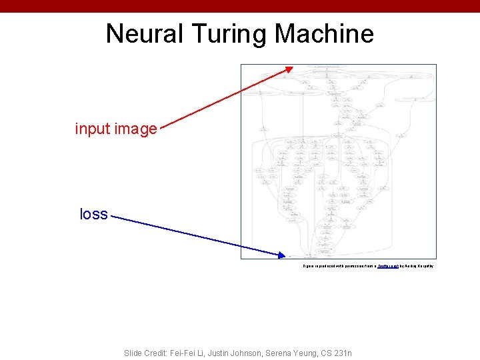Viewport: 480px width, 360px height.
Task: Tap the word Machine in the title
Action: [325, 33]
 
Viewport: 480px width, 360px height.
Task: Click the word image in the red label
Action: [135, 129]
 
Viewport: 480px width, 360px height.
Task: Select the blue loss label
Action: [93, 214]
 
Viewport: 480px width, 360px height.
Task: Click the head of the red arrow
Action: [289, 67]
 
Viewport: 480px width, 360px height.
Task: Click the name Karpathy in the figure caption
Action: [424, 266]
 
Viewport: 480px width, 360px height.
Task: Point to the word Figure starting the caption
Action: [307, 266]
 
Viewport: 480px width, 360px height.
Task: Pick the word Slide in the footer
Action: [133, 353]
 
